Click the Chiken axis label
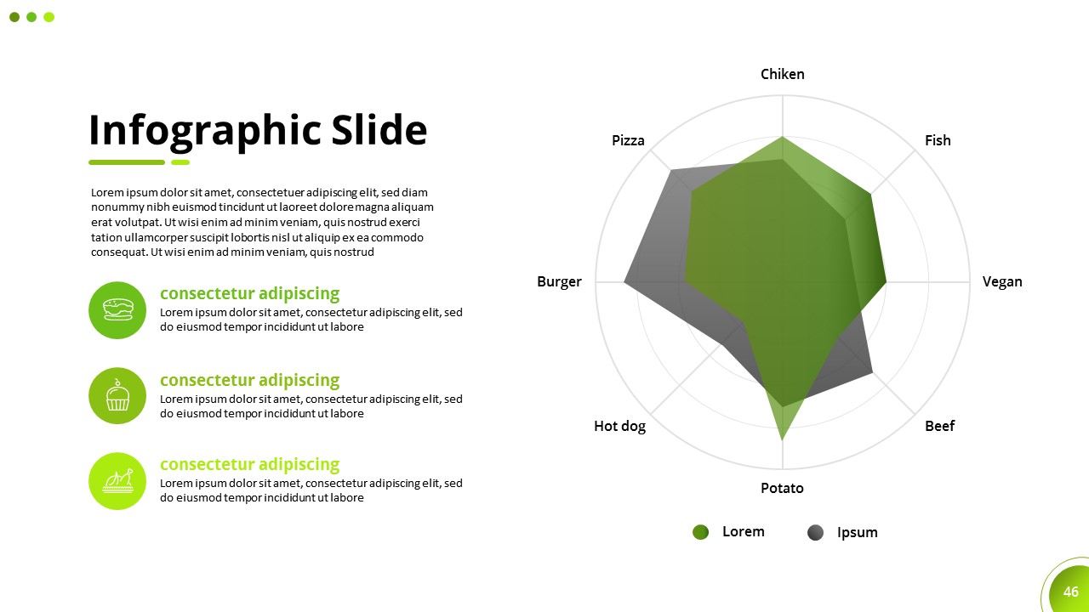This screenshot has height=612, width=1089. click(782, 74)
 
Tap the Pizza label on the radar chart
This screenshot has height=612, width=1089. click(628, 140)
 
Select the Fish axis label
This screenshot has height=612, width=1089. click(938, 140)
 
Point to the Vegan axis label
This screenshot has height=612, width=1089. click(1002, 282)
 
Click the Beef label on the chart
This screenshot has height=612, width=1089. click(940, 426)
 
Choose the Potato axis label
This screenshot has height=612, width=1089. click(782, 488)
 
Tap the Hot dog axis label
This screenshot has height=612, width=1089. click(620, 427)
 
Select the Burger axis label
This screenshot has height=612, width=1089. click(559, 282)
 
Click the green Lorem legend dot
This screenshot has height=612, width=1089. click(700, 532)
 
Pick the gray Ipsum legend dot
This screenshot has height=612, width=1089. click(815, 532)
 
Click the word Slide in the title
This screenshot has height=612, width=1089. click(379, 130)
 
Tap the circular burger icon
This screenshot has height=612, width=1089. click(117, 310)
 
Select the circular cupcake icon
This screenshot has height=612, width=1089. click(117, 396)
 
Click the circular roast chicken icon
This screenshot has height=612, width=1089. click(117, 481)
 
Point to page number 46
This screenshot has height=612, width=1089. click(1070, 592)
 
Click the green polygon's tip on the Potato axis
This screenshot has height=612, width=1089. click(782, 440)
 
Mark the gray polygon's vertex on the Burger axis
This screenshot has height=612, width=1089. click(624, 281)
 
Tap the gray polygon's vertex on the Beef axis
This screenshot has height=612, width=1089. click(873, 372)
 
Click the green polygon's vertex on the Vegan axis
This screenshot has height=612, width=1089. click(887, 281)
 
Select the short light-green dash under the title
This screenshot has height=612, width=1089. click(180, 162)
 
